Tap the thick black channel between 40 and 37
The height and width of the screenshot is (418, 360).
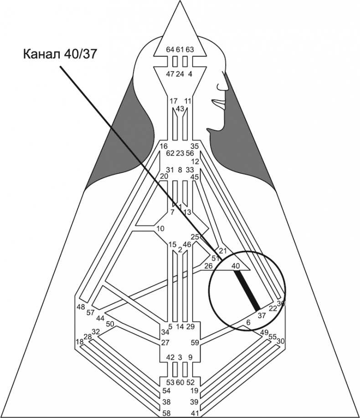pos(247,289)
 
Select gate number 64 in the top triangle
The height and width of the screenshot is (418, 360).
pos(170,50)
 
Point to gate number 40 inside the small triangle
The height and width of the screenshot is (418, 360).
pos(235,265)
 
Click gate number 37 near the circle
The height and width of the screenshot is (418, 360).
pos(261,315)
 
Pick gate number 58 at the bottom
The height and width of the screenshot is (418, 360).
pos(168,413)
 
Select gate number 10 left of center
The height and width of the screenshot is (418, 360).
pos(159,228)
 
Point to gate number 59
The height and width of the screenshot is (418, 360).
pos(195,342)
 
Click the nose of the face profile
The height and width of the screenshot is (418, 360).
pos(223,85)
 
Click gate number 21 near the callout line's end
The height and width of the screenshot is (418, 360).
pos(223,251)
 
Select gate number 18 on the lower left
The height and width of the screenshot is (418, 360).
pos(79,342)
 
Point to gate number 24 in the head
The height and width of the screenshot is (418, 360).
pos(180,74)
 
